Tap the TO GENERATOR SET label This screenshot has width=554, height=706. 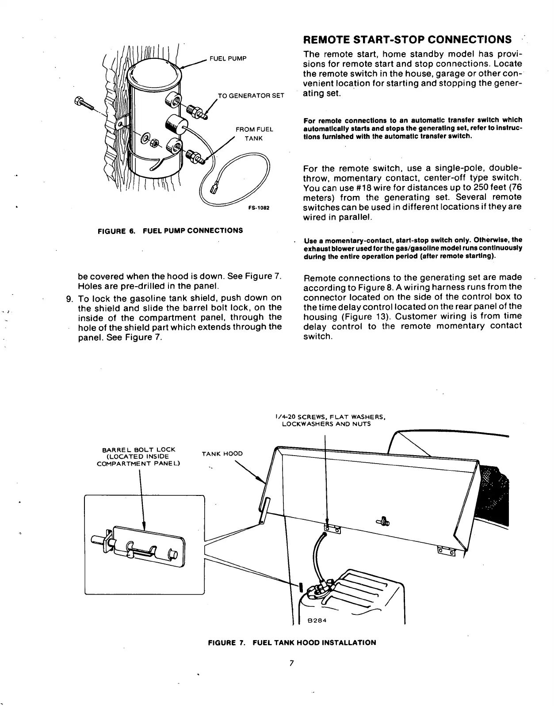tap(251, 96)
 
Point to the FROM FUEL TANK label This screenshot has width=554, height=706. tap(254, 134)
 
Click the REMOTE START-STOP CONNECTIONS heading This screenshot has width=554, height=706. tap(407, 39)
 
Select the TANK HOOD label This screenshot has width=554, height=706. tap(222, 453)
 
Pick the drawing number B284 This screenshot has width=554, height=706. tap(317, 620)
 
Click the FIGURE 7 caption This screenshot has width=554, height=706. tap(292, 642)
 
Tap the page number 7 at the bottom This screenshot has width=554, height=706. tap(291, 663)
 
